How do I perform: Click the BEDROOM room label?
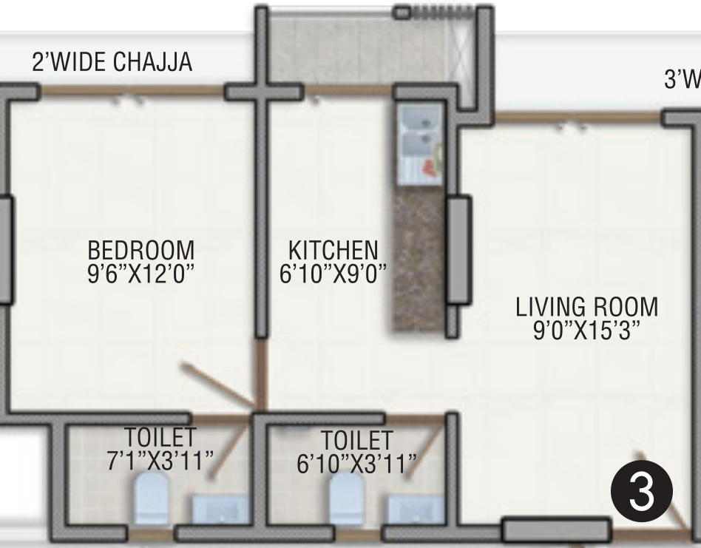pyautogui.click(x=140, y=249)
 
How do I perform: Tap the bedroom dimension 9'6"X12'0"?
pyautogui.click(x=140, y=273)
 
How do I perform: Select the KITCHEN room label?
pyautogui.click(x=333, y=249)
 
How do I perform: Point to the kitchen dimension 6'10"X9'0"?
pyautogui.click(x=333, y=273)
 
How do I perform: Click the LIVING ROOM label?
pyautogui.click(x=586, y=305)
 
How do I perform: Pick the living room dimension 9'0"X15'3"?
pyautogui.click(x=586, y=328)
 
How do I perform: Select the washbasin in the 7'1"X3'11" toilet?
pyautogui.click(x=221, y=510)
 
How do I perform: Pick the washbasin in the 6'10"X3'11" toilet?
pyautogui.click(x=415, y=510)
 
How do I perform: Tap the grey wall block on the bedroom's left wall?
pyautogui.click(x=4, y=249)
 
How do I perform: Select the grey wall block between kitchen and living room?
pyautogui.click(x=458, y=249)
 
